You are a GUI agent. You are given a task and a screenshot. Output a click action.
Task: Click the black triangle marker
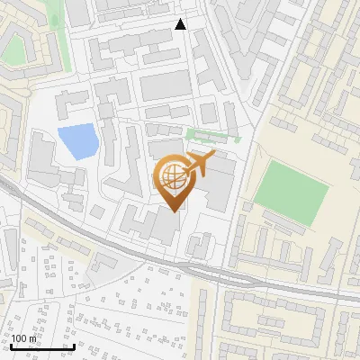(181, 24)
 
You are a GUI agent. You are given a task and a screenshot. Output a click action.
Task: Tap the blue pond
(78, 139)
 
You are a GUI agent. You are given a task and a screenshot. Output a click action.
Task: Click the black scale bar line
(41, 346)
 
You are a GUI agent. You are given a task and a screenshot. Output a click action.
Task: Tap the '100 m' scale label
(24, 338)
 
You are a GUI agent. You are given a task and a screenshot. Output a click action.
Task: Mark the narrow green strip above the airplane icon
(212, 136)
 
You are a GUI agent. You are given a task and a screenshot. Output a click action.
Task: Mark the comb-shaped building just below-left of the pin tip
(135, 220)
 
